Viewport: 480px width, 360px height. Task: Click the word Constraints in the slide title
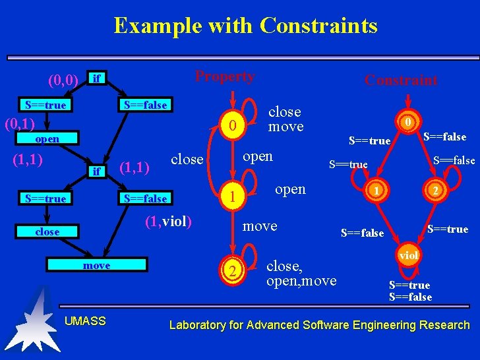[x=318, y=26]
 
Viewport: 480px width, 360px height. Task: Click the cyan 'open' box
[x=47, y=139]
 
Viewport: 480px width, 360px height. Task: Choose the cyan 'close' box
[x=47, y=232]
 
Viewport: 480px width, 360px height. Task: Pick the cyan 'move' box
[x=96, y=265]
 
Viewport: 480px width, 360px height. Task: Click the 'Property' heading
[x=224, y=76]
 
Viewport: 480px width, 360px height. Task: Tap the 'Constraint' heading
[x=401, y=80]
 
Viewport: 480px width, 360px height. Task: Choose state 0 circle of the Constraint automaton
[x=409, y=122]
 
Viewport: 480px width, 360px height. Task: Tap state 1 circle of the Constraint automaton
[x=375, y=190]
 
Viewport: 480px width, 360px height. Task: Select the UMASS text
[x=85, y=321]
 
